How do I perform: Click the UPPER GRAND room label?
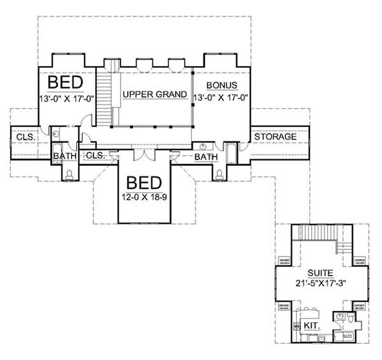click(x=155, y=94)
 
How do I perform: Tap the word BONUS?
click(x=222, y=85)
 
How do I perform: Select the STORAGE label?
click(x=275, y=137)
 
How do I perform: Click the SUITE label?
click(x=321, y=273)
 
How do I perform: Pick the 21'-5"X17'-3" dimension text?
click(x=321, y=283)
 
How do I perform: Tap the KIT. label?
click(x=309, y=326)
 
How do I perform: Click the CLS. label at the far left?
click(x=25, y=137)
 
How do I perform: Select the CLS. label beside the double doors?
click(x=95, y=155)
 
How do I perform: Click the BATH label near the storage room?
click(x=206, y=156)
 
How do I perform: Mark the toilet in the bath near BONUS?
click(x=220, y=174)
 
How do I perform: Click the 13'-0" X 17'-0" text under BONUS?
click(x=222, y=97)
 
